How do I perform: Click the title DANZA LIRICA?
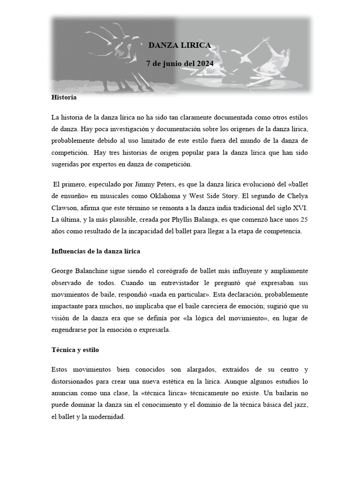pos(180,45)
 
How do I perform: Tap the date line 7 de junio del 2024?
pos(180,62)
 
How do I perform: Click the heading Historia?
pos(63,98)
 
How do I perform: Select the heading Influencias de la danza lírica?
pos(96,251)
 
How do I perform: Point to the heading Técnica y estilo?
pos(75,350)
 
